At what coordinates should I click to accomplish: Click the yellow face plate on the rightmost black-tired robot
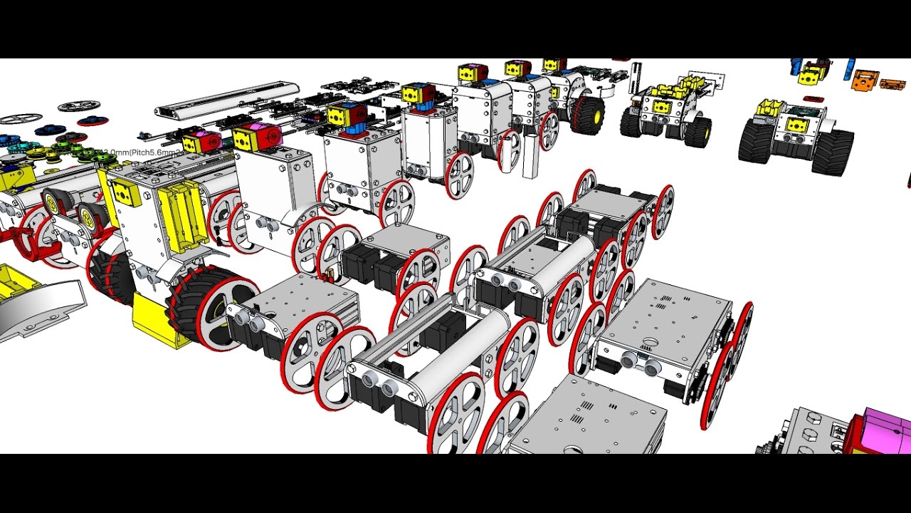pyautogui.click(x=795, y=125)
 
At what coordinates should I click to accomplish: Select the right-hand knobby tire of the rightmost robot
pyautogui.click(x=832, y=151)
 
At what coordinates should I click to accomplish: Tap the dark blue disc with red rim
pyautogui.click(x=93, y=121)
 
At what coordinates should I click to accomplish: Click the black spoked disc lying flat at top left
pyautogui.click(x=78, y=106)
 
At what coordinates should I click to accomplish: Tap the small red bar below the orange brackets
pyautogui.click(x=812, y=99)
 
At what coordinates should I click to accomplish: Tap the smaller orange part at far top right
pyautogui.click(x=892, y=84)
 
